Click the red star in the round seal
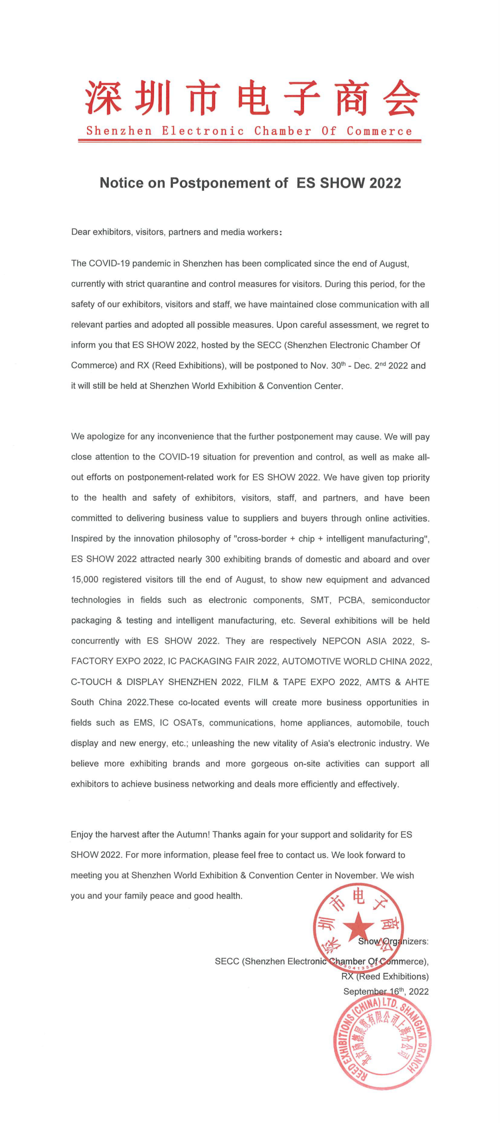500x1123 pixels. (x=358, y=926)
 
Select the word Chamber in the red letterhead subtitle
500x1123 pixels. (x=282, y=131)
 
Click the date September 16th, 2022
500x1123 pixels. (x=386, y=991)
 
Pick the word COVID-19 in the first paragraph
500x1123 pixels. (x=109, y=263)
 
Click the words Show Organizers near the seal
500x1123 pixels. (x=393, y=941)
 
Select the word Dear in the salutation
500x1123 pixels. (x=81, y=232)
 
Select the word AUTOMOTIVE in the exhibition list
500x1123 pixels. (x=311, y=661)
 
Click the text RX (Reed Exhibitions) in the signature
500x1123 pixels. (x=385, y=976)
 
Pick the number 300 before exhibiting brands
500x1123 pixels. (x=212, y=559)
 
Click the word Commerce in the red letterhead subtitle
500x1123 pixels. (x=379, y=131)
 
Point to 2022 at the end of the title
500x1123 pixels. (x=385, y=183)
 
